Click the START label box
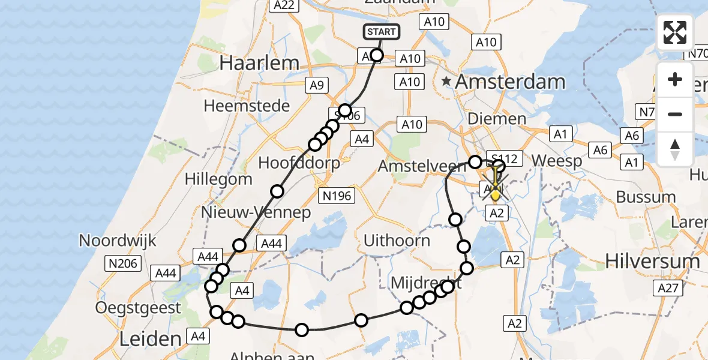click(x=381, y=32)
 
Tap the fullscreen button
click(x=675, y=32)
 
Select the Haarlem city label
click(x=259, y=62)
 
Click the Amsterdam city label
click(x=511, y=82)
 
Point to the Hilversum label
click(x=652, y=261)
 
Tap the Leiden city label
click(x=151, y=338)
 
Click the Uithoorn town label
click(x=397, y=241)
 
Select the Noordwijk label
click(x=118, y=241)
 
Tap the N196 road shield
click(x=337, y=195)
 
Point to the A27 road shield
click(x=668, y=289)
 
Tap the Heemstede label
click(x=247, y=106)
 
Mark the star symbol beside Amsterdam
click(x=446, y=80)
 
